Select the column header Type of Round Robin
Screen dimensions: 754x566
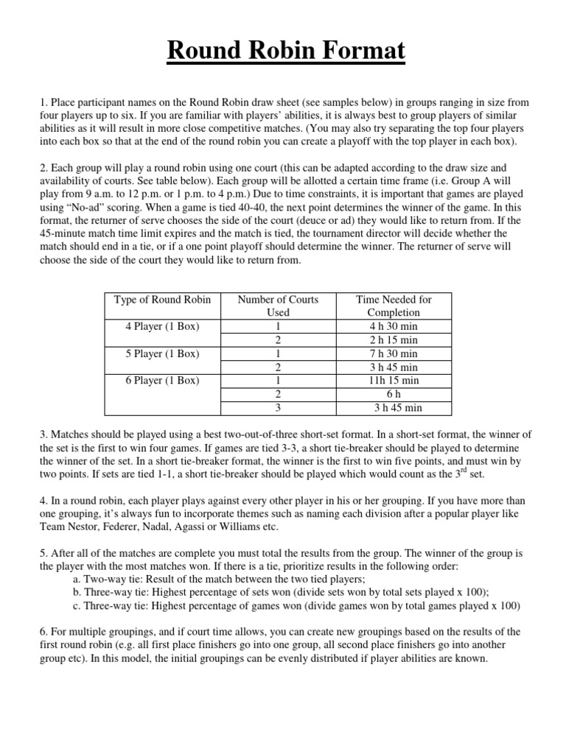pyautogui.click(x=162, y=300)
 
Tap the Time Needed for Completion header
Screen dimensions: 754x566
pyautogui.click(x=394, y=306)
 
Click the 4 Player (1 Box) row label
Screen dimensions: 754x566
pyautogui.click(x=162, y=326)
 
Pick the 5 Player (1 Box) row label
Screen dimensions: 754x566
pyautogui.click(x=162, y=353)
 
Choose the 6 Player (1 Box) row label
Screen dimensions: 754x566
pyautogui.click(x=162, y=381)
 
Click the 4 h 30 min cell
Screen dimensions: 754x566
pyautogui.click(x=394, y=326)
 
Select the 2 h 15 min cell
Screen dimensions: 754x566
pyautogui.click(x=394, y=340)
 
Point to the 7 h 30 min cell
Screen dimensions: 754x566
pyautogui.click(x=394, y=353)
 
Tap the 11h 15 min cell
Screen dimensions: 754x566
pyautogui.click(x=394, y=381)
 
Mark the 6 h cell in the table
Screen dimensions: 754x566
pyautogui.click(x=394, y=395)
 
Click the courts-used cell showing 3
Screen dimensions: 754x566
pyautogui.click(x=278, y=408)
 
